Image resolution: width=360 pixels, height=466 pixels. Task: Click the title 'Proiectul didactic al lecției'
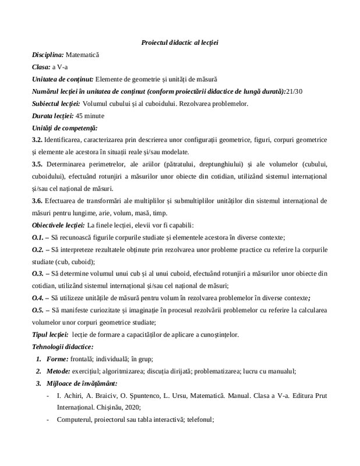point(180,43)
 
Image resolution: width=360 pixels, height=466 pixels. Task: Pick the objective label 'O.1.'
point(38,238)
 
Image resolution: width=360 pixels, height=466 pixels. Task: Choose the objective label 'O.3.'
point(38,274)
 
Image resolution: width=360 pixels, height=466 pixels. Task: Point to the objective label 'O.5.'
point(38,311)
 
